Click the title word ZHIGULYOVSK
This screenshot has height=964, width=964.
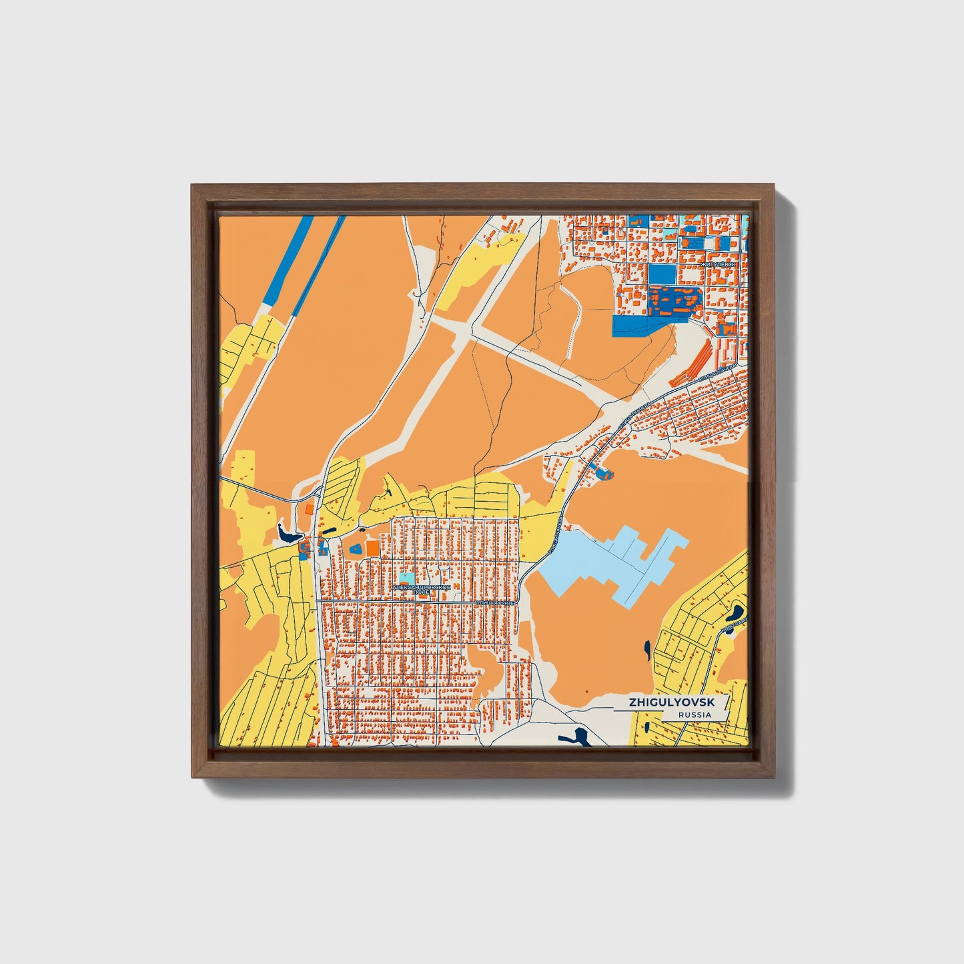pyautogui.click(x=670, y=703)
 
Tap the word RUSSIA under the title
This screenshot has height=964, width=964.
pyautogui.click(x=694, y=715)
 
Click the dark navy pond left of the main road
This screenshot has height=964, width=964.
pyautogui.click(x=289, y=534)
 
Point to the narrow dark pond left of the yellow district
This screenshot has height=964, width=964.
pyautogui.click(x=647, y=648)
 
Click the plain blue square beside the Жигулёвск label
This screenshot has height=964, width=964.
pyautogui.click(x=661, y=274)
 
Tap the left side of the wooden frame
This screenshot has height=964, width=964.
pyautogui.click(x=200, y=480)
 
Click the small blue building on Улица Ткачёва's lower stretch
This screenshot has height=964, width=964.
pyautogui.click(x=604, y=474)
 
